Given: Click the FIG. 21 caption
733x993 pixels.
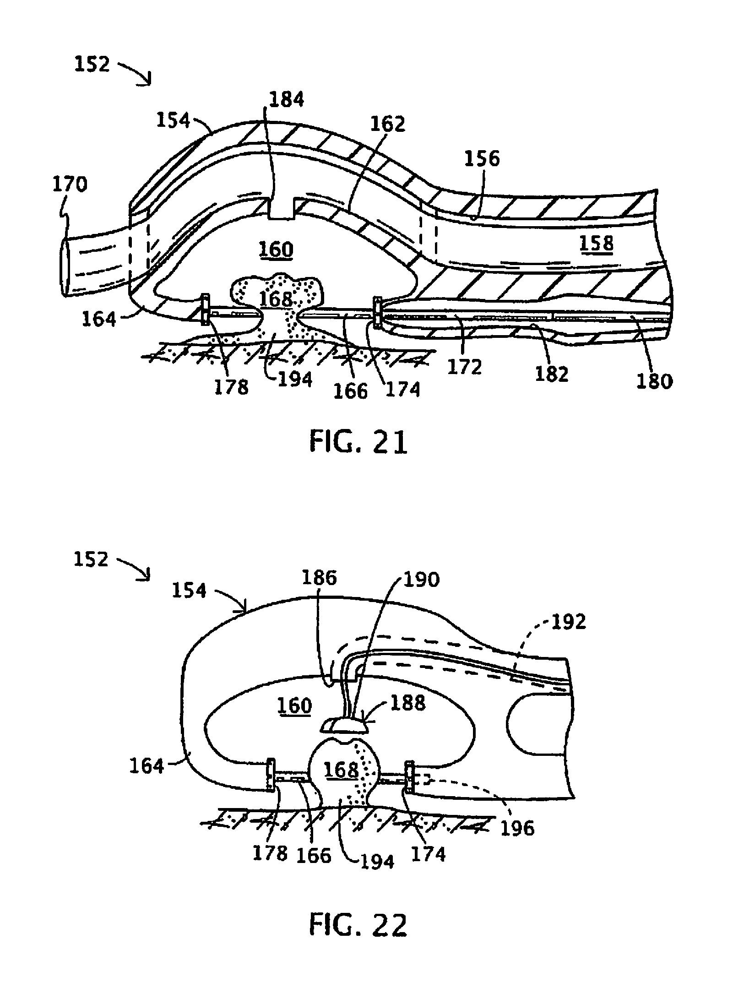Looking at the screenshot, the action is pyautogui.click(x=358, y=442).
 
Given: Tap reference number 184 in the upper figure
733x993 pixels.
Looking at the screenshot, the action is pyautogui.click(x=286, y=99).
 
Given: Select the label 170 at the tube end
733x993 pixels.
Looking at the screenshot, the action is pyautogui.click(x=70, y=185).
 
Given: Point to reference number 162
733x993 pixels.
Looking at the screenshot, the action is pyautogui.click(x=388, y=124).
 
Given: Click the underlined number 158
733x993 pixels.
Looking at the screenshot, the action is pyautogui.click(x=596, y=244).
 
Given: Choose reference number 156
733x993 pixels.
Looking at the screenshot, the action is pyautogui.click(x=483, y=158).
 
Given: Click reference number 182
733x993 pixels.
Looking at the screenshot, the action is pyautogui.click(x=551, y=374).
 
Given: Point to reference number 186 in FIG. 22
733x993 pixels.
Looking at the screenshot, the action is pyautogui.click(x=319, y=578).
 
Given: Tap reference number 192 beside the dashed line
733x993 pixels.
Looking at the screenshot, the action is pyautogui.click(x=568, y=621).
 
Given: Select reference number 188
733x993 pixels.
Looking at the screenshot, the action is pyautogui.click(x=407, y=702).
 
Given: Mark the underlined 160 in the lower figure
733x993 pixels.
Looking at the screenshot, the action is pyautogui.click(x=294, y=705).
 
